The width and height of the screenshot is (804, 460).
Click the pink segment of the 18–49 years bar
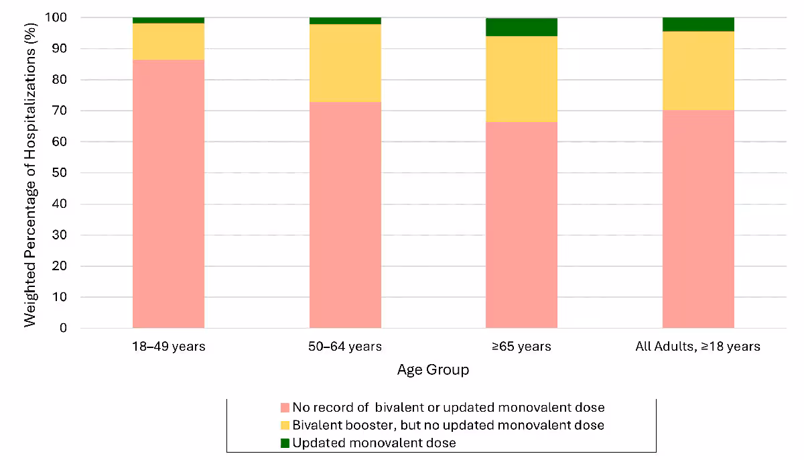168,194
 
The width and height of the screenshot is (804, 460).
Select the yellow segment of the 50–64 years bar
345,63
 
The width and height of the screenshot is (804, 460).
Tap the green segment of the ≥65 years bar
521,27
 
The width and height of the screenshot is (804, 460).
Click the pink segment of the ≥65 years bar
521,225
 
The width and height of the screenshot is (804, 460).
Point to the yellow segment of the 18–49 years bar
168,42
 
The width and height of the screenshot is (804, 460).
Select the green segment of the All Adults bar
698,24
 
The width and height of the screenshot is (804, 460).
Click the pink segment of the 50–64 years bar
345,215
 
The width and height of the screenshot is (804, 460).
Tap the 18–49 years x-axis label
168,347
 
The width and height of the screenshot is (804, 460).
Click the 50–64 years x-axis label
345,347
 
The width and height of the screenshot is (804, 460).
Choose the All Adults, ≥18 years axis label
697,347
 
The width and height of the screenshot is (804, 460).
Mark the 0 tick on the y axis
64,328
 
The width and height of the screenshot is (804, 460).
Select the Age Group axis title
433,369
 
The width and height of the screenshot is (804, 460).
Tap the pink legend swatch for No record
285,408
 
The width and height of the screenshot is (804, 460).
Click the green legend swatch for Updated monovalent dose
285,443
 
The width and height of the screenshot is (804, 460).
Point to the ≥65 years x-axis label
521,347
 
